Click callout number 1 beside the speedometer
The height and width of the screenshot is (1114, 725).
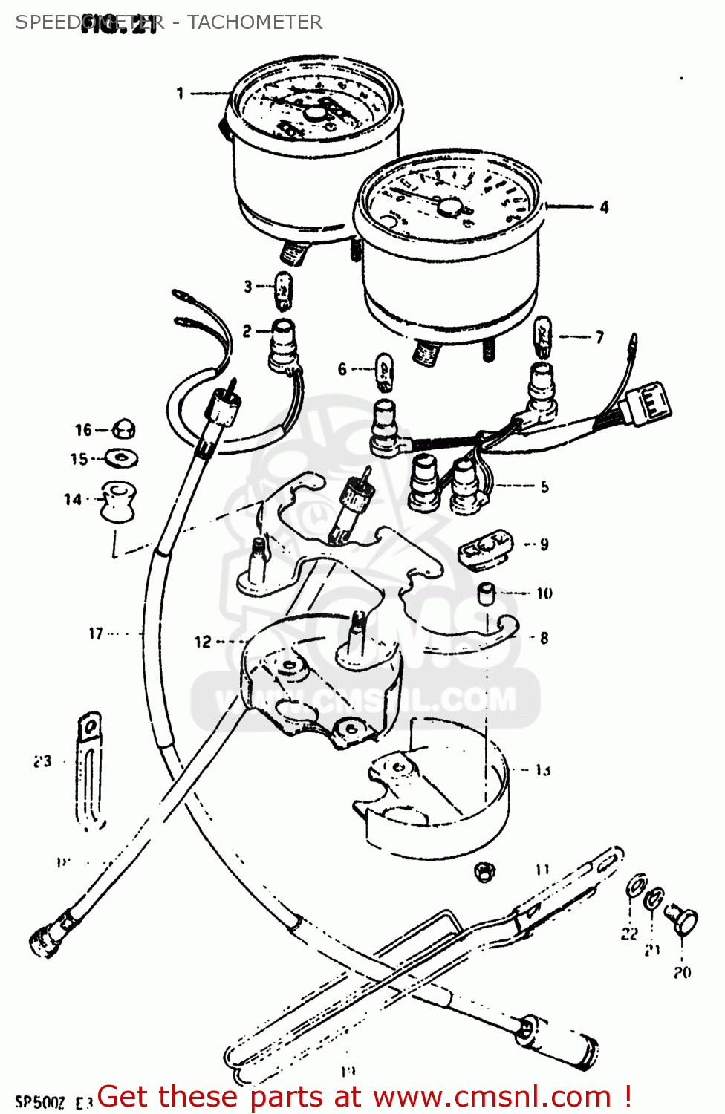(x=180, y=93)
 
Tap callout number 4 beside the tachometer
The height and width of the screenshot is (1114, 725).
(x=604, y=207)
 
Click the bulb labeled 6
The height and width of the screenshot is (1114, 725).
(x=383, y=371)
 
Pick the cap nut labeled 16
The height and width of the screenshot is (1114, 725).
(x=123, y=429)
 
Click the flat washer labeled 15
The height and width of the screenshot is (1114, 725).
(x=121, y=458)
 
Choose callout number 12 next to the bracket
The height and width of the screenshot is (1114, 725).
(x=202, y=642)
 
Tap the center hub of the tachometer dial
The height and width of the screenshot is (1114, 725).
(x=450, y=206)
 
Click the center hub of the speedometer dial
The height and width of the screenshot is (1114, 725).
(x=315, y=114)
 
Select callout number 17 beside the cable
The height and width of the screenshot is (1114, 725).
(x=96, y=633)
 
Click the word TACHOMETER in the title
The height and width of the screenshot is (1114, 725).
(x=255, y=22)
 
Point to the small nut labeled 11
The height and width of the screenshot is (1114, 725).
(x=484, y=870)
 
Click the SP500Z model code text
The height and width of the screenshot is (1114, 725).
(x=40, y=1102)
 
